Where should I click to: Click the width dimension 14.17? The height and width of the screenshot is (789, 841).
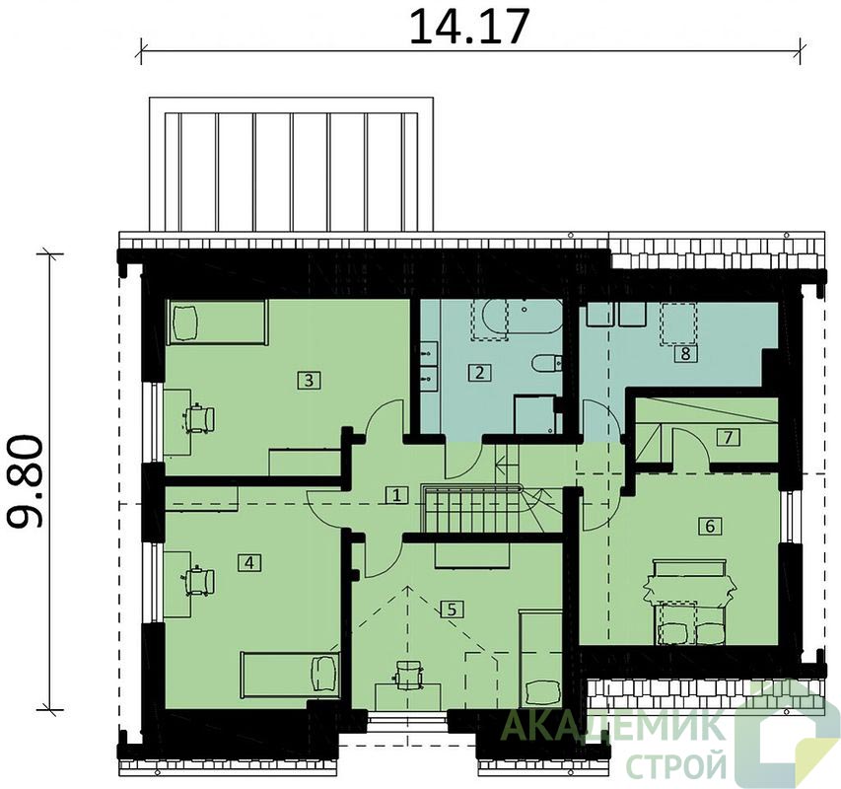pyautogui.click(x=469, y=26)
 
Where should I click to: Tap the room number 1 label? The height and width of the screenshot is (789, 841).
pyautogui.click(x=395, y=494)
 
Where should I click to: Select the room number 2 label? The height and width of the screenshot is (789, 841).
pyautogui.click(x=479, y=372)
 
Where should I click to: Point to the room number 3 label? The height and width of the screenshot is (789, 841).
pyautogui.click(x=309, y=381)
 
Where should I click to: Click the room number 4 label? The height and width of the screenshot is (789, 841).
pyautogui.click(x=248, y=562)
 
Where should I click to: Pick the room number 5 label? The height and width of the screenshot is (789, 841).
pyautogui.click(x=452, y=610)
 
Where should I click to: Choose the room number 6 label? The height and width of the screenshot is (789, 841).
pyautogui.click(x=710, y=527)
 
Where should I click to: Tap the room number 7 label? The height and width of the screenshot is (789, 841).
pyautogui.click(x=728, y=438)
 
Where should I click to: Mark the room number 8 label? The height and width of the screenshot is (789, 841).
pyautogui.click(x=685, y=354)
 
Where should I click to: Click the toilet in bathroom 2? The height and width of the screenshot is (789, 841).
pyautogui.click(x=546, y=364)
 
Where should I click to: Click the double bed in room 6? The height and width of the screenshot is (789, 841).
pyautogui.click(x=690, y=602)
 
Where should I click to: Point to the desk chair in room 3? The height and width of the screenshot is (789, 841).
pyautogui.click(x=199, y=418)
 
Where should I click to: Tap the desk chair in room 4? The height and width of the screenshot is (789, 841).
pyautogui.click(x=199, y=581)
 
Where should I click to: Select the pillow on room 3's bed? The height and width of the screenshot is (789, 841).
pyautogui.click(x=185, y=323)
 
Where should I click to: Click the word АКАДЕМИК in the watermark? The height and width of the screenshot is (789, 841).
pyautogui.click(x=611, y=726)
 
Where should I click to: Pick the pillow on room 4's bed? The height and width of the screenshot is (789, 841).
pyautogui.click(x=324, y=674)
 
